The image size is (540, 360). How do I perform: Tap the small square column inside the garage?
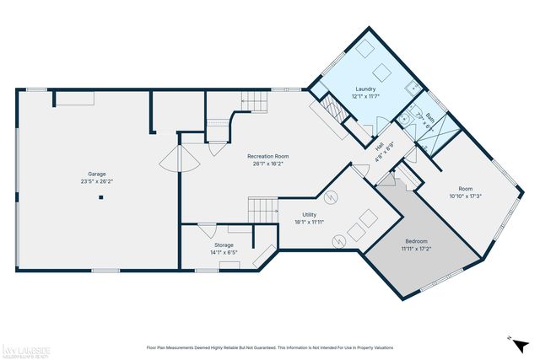(101, 198)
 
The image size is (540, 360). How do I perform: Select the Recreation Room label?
(267, 157)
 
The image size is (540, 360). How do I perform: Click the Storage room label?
(223, 245)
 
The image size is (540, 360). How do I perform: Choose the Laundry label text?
(365, 89)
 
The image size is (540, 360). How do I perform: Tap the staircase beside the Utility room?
(262, 207)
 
